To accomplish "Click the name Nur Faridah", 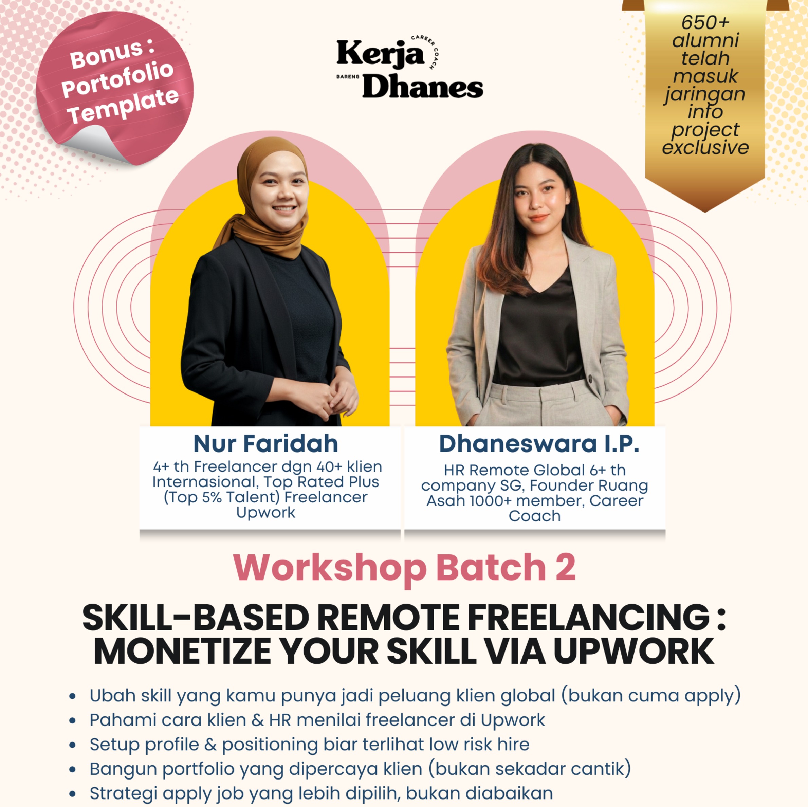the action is click(265, 444).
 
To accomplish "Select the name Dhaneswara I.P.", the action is click(539, 444).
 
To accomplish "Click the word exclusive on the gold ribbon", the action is click(705, 147).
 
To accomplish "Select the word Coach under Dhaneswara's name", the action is click(534, 516).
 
